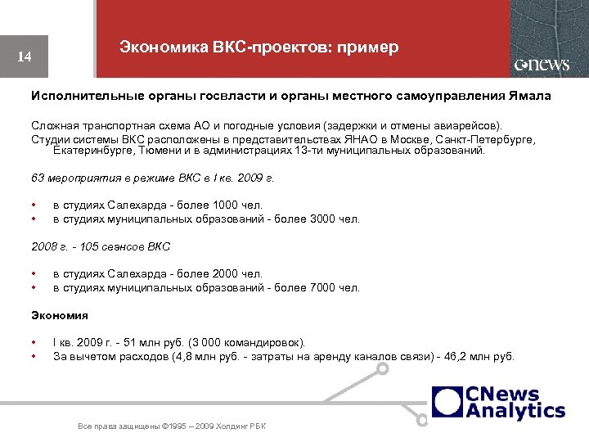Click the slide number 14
(25, 57)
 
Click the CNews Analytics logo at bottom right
(499, 403)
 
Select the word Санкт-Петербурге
(481, 140)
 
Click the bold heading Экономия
(60, 314)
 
